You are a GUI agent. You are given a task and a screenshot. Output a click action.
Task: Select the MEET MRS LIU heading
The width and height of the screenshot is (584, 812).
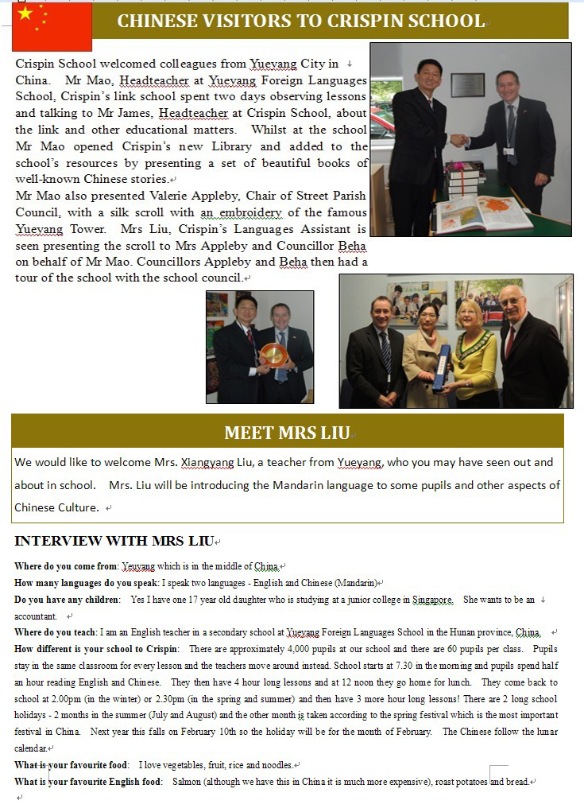287,433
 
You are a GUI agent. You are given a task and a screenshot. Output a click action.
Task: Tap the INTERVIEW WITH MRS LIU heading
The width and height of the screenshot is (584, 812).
113,542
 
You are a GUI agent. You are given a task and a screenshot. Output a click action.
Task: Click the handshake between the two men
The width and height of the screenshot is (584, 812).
459,139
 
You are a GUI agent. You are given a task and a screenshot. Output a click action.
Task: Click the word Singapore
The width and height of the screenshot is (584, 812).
432,600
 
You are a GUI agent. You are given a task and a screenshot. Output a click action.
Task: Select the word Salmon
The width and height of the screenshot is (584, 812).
185,782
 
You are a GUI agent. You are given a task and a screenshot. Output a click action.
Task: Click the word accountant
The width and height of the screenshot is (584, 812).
36,616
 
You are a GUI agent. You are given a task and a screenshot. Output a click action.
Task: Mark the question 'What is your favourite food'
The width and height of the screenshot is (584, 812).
72,765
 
